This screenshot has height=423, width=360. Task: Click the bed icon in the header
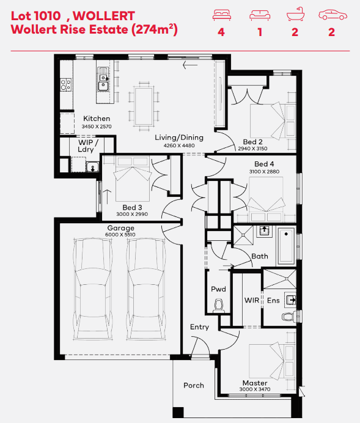click(x=222, y=15)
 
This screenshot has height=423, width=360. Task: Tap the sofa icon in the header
click(x=260, y=15)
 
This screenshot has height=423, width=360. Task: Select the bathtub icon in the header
click(x=296, y=14)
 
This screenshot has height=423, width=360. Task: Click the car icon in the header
click(x=332, y=15)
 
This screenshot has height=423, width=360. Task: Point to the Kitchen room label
click(x=97, y=119)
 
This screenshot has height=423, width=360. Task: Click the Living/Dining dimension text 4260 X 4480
click(x=179, y=145)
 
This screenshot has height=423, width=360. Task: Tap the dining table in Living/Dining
click(x=144, y=106)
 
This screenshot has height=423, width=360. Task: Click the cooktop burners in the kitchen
click(x=66, y=84)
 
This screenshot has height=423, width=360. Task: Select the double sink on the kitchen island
click(x=103, y=79)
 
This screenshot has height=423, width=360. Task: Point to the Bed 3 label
click(x=132, y=207)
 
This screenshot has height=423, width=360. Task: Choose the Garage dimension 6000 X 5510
click(x=120, y=235)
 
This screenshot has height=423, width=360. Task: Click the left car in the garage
click(x=92, y=289)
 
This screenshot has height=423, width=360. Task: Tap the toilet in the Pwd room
click(x=219, y=306)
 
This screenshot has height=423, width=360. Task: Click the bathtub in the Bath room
click(x=286, y=246)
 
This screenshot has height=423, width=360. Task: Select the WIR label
click(x=252, y=300)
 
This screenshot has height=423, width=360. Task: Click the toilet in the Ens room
click(x=289, y=315)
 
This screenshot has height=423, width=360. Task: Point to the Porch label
click(x=194, y=385)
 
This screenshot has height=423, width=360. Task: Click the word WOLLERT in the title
click(x=104, y=16)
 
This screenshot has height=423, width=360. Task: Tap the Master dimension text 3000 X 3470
click(x=254, y=389)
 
